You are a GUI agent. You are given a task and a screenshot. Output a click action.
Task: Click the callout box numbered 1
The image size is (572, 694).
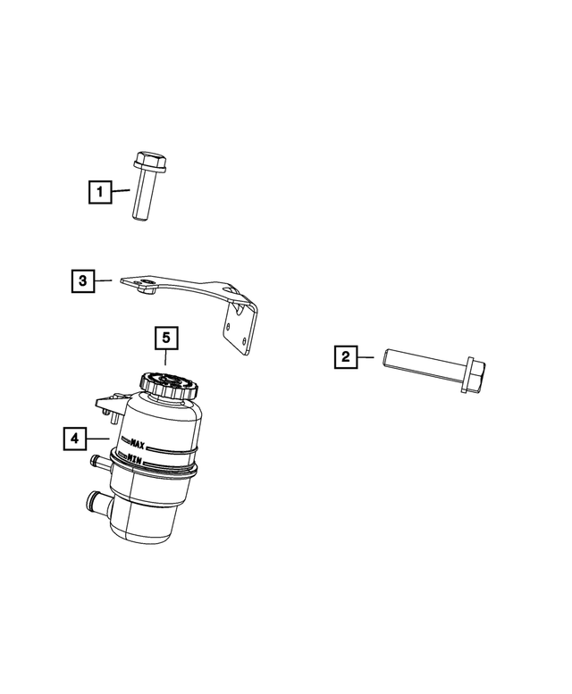[x=99, y=191]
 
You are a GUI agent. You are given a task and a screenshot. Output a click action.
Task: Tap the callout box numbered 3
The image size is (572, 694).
[x=81, y=281]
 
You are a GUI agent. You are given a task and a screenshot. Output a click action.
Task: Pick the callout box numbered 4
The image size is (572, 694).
[x=75, y=439]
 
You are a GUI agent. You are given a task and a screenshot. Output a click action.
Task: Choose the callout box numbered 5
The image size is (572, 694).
[x=166, y=339]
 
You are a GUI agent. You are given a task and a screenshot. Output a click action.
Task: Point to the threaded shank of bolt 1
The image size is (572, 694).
[x=144, y=201]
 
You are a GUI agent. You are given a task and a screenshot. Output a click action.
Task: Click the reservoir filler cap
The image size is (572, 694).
[x=170, y=385]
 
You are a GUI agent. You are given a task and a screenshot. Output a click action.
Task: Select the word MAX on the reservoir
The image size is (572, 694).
[x=138, y=442]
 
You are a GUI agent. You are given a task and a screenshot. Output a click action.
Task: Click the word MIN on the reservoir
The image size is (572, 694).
[x=137, y=458]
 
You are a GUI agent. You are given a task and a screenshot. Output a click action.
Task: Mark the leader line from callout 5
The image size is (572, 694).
[x=166, y=361]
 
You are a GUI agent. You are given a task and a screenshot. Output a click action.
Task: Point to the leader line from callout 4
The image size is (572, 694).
[x=99, y=439]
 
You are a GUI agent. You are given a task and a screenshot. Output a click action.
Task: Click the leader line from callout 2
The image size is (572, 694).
[x=370, y=358]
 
